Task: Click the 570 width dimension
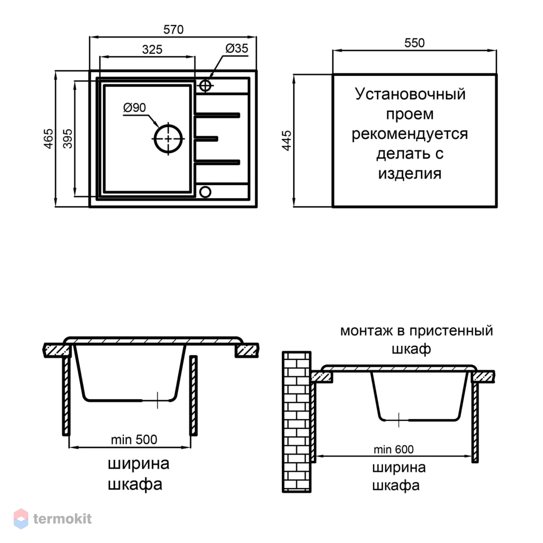tap(173, 30)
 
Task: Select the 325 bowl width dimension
tap(152, 49)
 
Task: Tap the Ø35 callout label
tap(237, 48)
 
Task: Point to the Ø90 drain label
tap(134, 108)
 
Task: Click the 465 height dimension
tap(48, 138)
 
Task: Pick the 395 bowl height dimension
tap(68, 138)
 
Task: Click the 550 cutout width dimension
tap(414, 43)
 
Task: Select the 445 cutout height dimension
tap(287, 140)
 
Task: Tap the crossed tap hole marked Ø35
tap(205, 86)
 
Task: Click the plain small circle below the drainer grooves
tap(205, 192)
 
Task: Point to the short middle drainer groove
tap(206, 139)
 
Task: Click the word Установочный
tap(410, 94)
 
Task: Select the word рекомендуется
tap(409, 134)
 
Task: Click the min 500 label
tap(134, 440)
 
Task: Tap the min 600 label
tap(393, 450)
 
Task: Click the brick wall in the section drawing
tap(297, 422)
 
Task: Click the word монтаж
tap(367, 331)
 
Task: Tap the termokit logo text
tap(62, 519)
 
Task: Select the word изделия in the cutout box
tap(409, 174)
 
